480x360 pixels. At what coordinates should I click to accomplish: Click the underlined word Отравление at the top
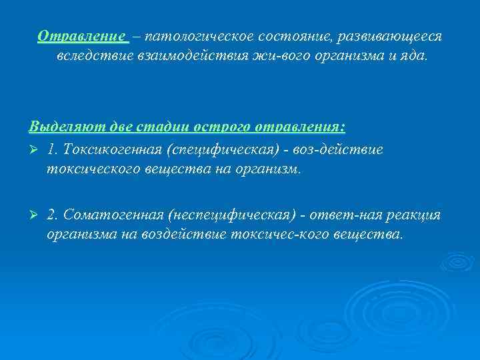(81, 36)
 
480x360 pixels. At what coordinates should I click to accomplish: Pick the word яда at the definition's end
(411, 57)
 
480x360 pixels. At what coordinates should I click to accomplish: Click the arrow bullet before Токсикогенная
(34, 149)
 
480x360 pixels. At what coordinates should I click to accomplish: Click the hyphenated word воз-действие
(343, 149)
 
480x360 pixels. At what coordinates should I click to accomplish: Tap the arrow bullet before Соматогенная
(34, 215)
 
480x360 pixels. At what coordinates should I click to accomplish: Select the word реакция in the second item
(413, 215)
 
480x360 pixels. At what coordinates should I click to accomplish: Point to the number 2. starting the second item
(53, 215)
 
